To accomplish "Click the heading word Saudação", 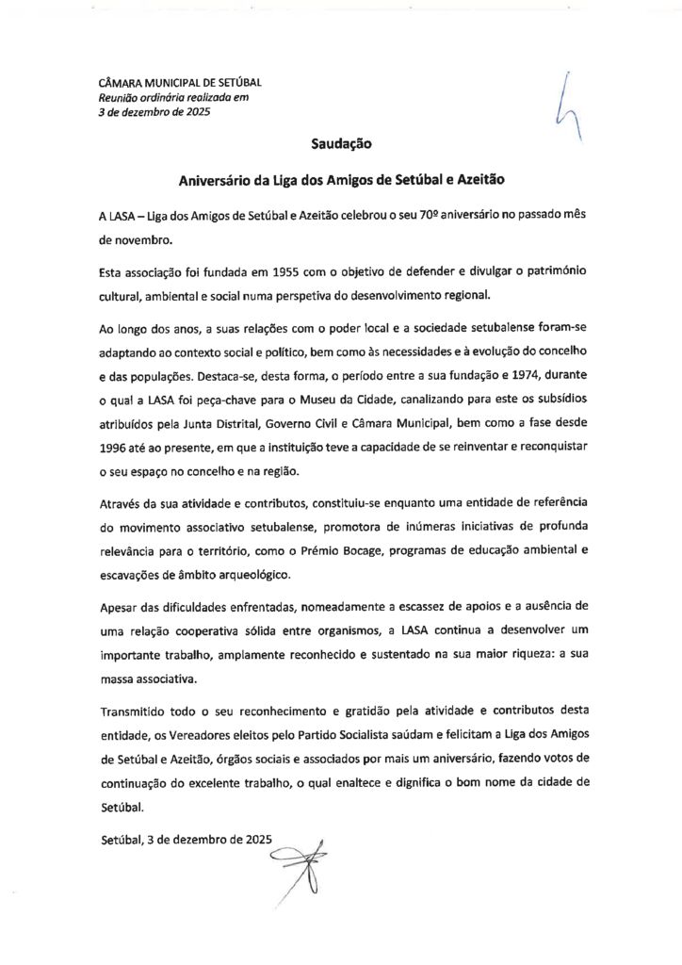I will (x=342, y=145).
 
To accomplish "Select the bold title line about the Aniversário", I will (x=341, y=178).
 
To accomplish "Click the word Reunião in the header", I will (x=121, y=97).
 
